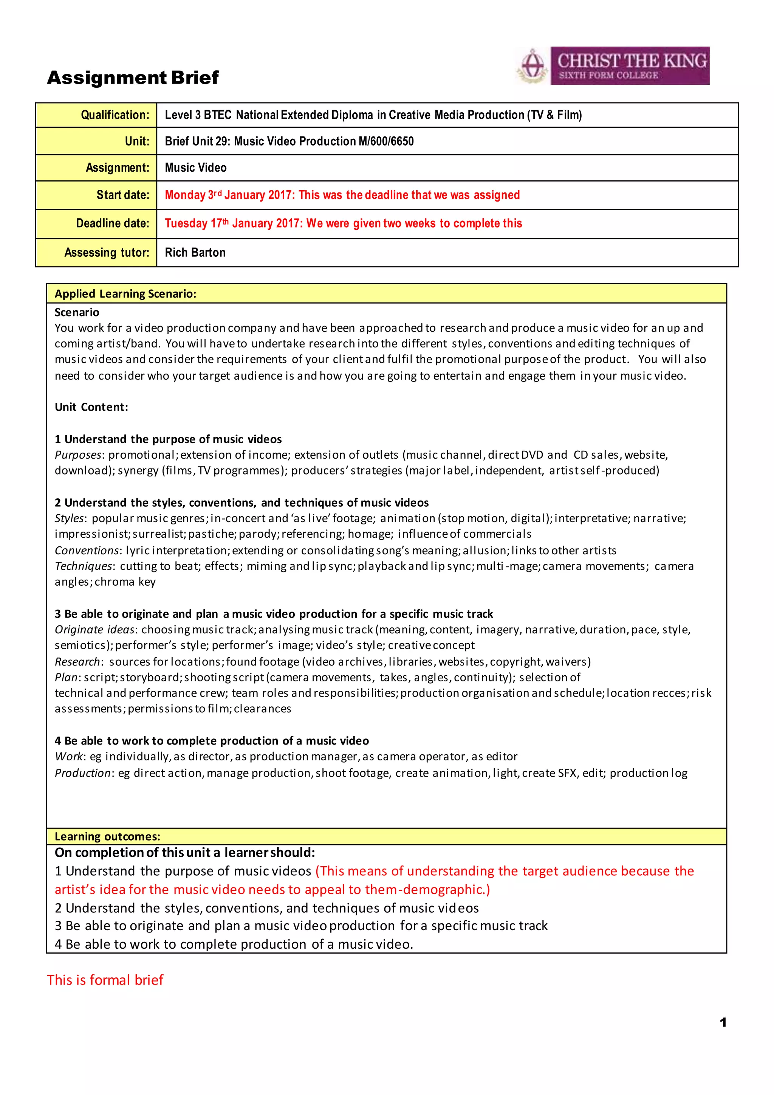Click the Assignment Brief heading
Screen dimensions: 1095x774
[133, 77]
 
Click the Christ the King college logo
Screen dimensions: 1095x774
[613, 66]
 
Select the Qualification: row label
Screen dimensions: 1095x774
[115, 115]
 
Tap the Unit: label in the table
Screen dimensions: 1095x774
[137, 141]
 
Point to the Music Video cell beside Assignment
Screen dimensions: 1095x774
[195, 168]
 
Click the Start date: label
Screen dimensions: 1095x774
[122, 195]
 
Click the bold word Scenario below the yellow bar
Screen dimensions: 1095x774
[77, 312]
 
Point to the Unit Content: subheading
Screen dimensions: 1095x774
[91, 407]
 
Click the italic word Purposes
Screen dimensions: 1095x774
[78, 455]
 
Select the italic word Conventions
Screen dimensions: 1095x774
[86, 551]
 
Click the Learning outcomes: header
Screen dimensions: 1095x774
[107, 836]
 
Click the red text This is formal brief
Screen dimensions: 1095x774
[105, 980]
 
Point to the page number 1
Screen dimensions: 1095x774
[723, 1022]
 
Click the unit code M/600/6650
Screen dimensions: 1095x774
[385, 141]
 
